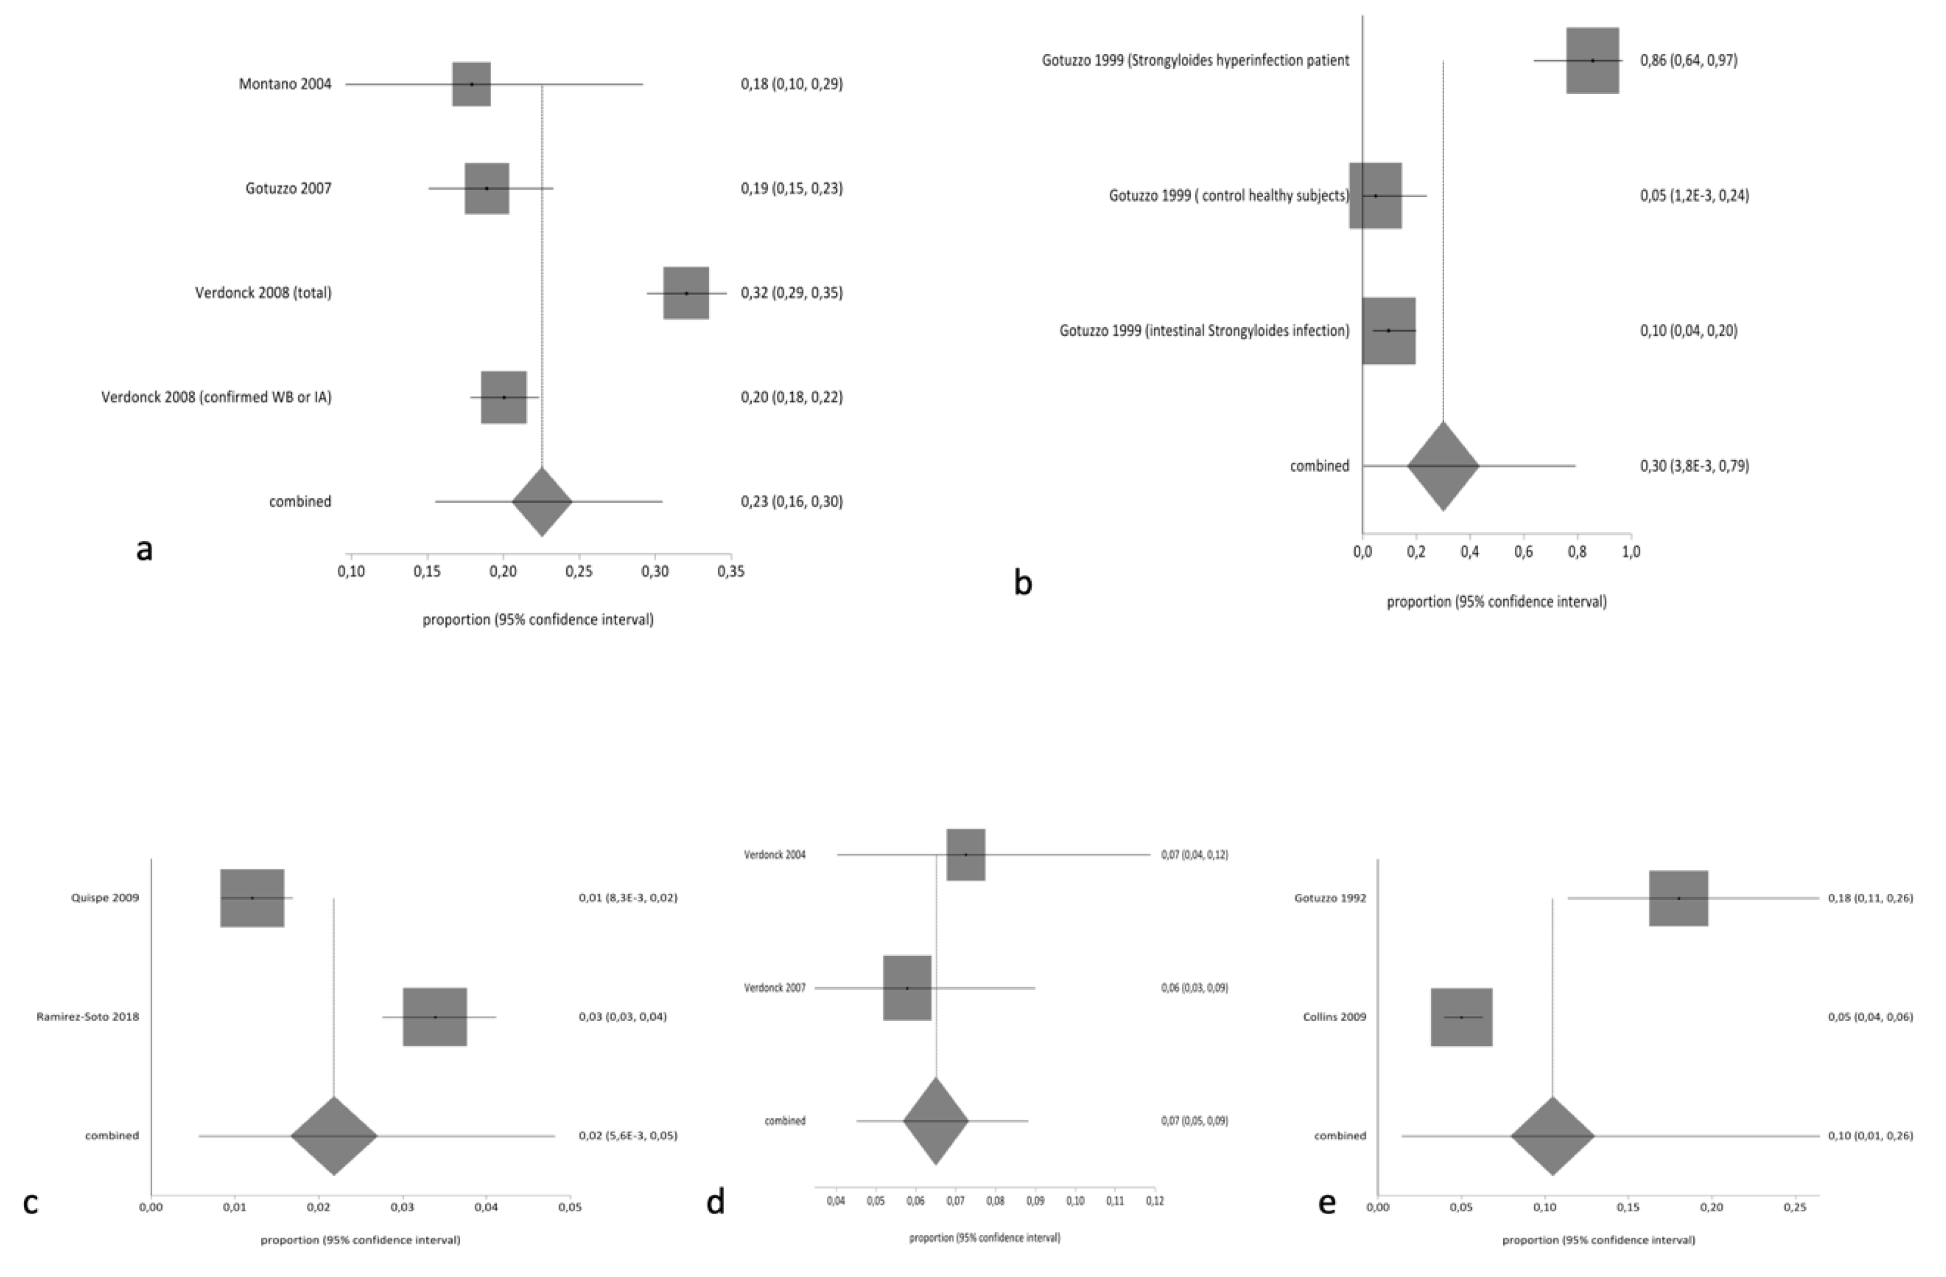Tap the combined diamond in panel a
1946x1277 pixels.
542,501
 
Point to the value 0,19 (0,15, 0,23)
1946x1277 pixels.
791,188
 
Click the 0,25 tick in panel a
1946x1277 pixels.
579,572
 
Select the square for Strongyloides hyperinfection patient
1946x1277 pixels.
1592,61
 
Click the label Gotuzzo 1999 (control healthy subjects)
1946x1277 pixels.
1228,196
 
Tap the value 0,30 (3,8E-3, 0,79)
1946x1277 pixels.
1694,466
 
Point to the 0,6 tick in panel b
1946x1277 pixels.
1523,552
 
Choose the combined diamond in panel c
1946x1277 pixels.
333,1135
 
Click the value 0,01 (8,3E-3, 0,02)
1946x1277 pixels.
627,898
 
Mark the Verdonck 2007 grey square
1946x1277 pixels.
907,988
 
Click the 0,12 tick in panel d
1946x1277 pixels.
1155,1201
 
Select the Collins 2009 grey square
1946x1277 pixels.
1461,1017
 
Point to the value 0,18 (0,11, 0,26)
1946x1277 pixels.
1870,898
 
